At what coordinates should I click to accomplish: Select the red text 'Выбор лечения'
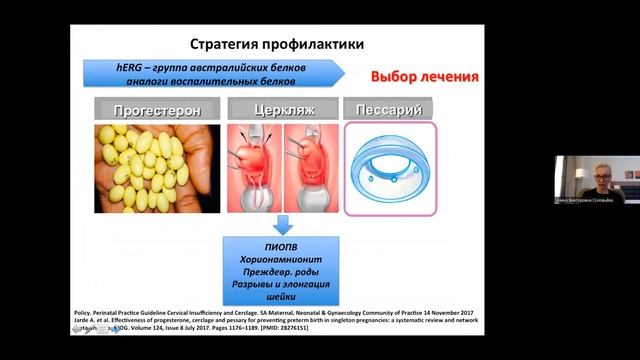click(424, 77)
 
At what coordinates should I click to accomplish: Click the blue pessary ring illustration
click(390, 163)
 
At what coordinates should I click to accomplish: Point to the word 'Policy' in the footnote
click(89, 311)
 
